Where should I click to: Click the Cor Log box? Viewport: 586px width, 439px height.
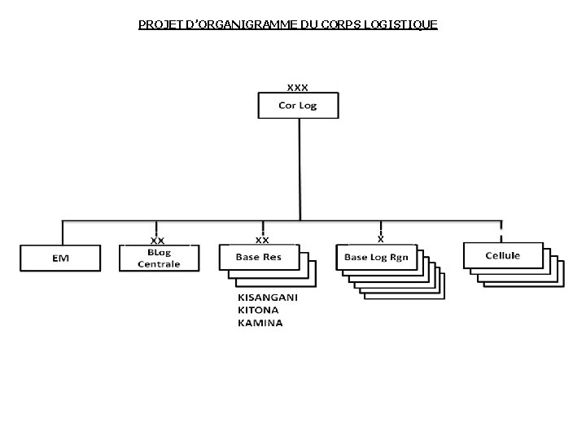click(298, 106)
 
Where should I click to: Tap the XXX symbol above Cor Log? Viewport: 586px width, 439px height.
click(298, 86)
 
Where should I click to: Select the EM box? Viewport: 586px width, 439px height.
click(61, 258)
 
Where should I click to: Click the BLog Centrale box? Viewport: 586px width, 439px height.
click(159, 258)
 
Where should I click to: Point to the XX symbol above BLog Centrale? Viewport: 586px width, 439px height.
click(158, 241)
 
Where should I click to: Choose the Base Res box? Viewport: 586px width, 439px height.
click(258, 257)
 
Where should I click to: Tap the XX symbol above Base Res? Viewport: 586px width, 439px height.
click(262, 240)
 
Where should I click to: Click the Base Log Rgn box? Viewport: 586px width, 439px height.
click(376, 257)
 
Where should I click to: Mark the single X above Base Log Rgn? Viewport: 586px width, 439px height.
click(381, 239)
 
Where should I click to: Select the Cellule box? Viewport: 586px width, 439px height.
click(502, 255)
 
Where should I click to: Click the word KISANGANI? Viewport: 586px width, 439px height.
click(268, 298)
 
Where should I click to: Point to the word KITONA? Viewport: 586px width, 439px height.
click(258, 310)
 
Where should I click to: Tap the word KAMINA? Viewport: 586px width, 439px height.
click(260, 323)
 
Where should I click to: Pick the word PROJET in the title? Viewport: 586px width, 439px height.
click(160, 24)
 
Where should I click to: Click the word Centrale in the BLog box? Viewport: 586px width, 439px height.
click(159, 265)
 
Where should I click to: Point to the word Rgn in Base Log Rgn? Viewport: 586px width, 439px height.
click(399, 257)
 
